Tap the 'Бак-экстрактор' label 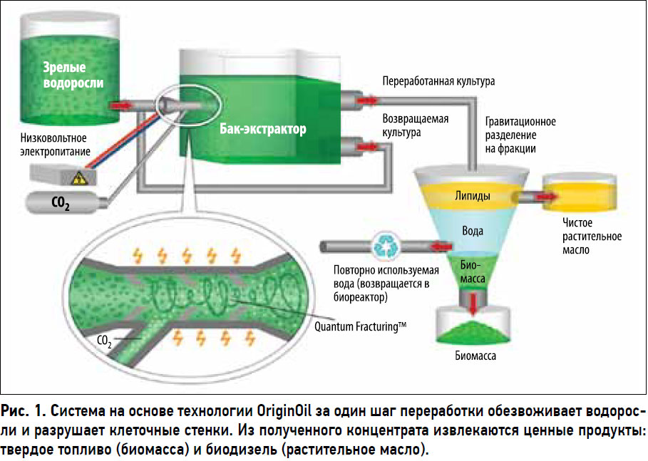coord(263,130)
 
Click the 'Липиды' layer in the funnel coord(471,196)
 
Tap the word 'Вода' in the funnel coord(473,231)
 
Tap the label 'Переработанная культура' coord(438,81)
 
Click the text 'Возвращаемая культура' coord(416,125)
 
